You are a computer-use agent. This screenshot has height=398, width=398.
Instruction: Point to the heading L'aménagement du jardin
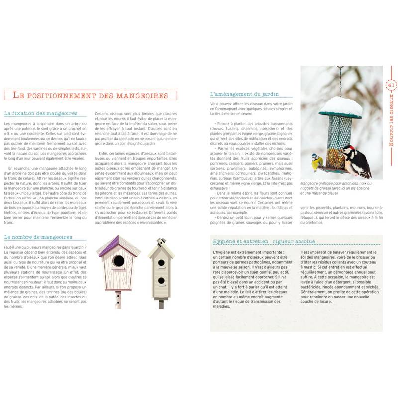[x=243, y=94]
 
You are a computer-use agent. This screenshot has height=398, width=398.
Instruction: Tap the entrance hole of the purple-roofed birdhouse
[x=118, y=261]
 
